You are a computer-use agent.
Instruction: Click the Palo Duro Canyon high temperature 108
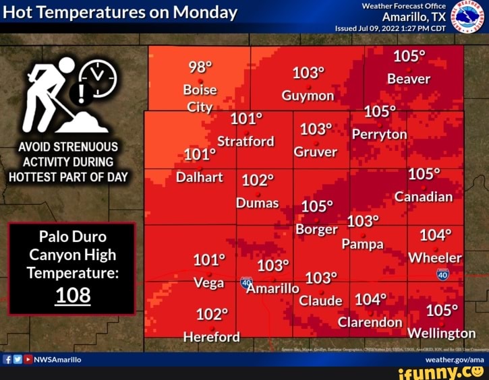tap(73, 296)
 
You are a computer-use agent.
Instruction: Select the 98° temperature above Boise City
tap(200, 67)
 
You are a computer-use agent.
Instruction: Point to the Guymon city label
tap(308, 95)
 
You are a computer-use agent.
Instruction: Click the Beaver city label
tap(408, 79)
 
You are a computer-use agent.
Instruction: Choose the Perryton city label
tap(379, 134)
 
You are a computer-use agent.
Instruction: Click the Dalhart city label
tap(199, 177)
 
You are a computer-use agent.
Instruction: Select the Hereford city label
tap(211, 336)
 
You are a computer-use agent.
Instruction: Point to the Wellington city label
tap(441, 333)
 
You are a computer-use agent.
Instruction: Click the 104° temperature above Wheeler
tap(435, 235)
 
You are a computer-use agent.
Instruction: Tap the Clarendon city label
tap(370, 322)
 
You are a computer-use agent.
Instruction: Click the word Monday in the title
tap(205, 12)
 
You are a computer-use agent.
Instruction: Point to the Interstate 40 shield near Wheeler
tap(442, 274)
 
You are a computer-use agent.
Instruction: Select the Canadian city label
tap(423, 197)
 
